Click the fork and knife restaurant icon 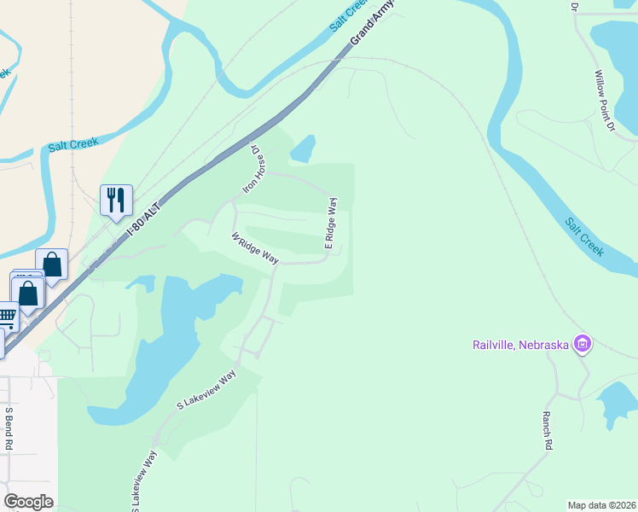point(116,201)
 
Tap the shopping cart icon point(6,317)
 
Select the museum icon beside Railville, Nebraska point(583,344)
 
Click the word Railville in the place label point(496,345)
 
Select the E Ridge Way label point(331,224)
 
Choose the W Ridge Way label point(255,247)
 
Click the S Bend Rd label point(9,428)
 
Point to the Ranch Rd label point(547,431)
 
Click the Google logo point(28,501)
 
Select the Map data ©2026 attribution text point(601,505)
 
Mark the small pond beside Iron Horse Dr point(303,149)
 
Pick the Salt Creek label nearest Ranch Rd point(584,236)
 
